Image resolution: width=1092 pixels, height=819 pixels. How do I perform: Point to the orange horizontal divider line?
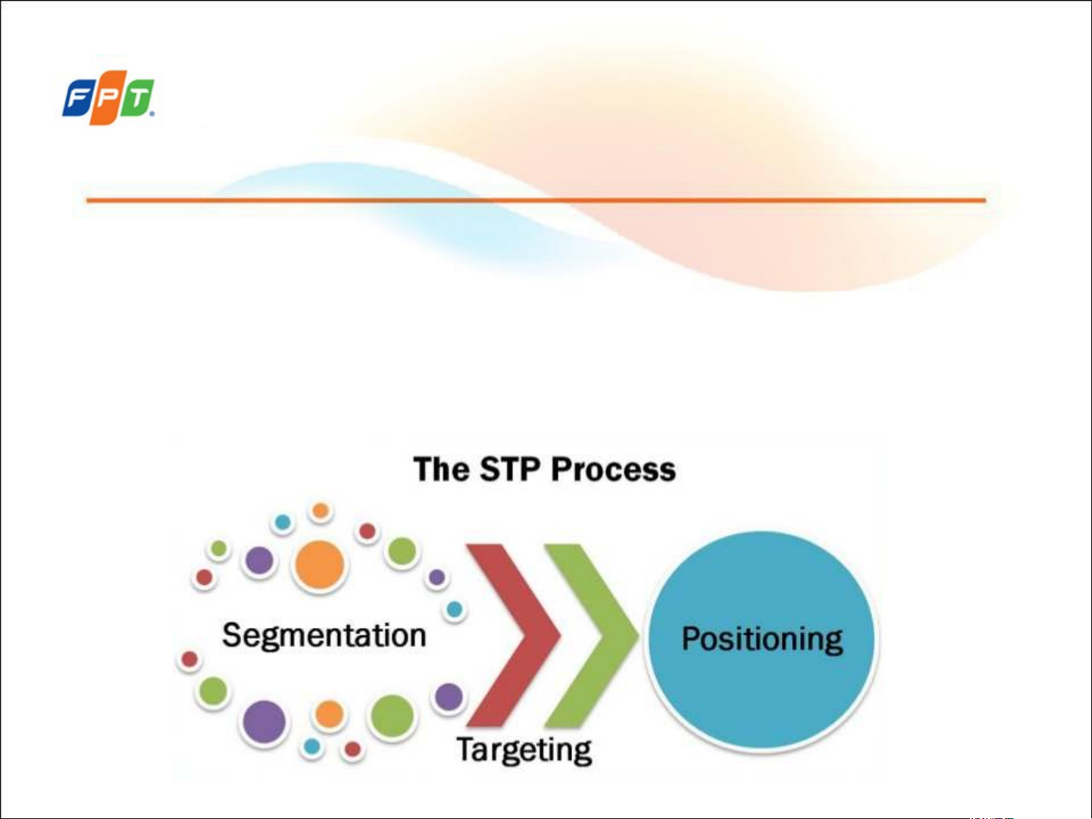click(535, 200)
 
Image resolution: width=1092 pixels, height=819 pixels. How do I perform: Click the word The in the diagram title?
click(442, 469)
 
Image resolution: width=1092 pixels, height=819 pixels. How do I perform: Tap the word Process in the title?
click(613, 470)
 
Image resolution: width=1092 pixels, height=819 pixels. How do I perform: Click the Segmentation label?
click(324, 635)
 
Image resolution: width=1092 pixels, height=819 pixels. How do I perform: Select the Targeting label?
click(524, 749)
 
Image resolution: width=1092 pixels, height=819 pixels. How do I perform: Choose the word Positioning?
click(762, 639)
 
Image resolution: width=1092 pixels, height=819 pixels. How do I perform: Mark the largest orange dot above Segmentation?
click(319, 565)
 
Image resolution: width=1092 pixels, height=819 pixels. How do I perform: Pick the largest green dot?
click(392, 715)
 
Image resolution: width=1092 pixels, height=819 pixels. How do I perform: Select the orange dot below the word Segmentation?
click(329, 714)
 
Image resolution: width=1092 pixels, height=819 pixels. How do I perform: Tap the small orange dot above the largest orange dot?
click(321, 511)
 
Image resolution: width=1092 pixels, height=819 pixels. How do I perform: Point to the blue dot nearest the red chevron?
click(455, 609)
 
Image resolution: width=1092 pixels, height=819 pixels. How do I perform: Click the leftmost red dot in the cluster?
click(189, 659)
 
